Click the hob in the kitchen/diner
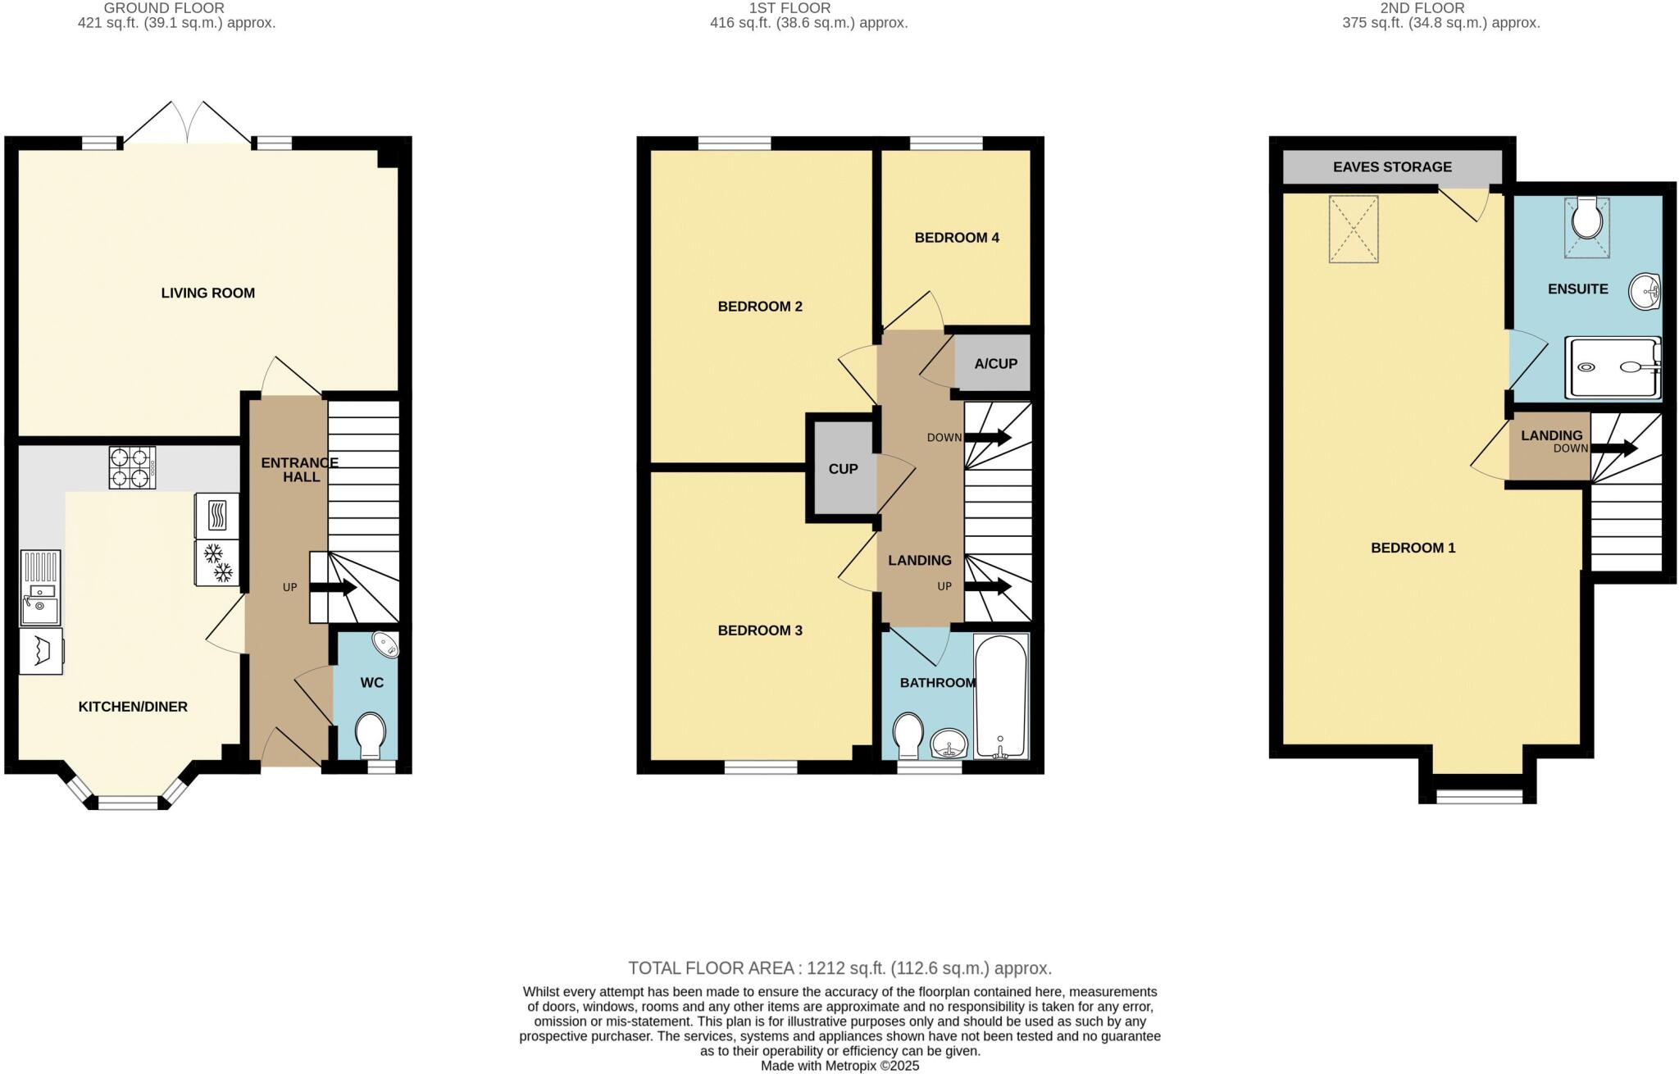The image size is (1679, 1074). coord(132,467)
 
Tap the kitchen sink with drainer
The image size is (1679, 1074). coord(40,588)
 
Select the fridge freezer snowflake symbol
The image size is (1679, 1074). coord(217,562)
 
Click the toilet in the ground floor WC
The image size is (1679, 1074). coord(371,733)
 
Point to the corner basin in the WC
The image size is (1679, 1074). coord(385,644)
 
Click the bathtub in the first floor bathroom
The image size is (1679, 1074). coord(1000,697)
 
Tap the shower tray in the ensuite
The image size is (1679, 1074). coord(1613,367)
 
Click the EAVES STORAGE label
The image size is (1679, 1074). coord(1392,167)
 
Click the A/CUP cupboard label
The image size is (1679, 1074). coord(995,363)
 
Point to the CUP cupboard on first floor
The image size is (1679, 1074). coord(843,469)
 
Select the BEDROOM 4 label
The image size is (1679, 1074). coord(956,238)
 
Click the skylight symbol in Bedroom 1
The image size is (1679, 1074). coord(1354,229)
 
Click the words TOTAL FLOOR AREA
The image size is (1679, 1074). coord(712,968)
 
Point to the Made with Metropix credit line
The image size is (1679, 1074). coord(839,1066)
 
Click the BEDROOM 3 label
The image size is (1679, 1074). coord(759,630)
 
